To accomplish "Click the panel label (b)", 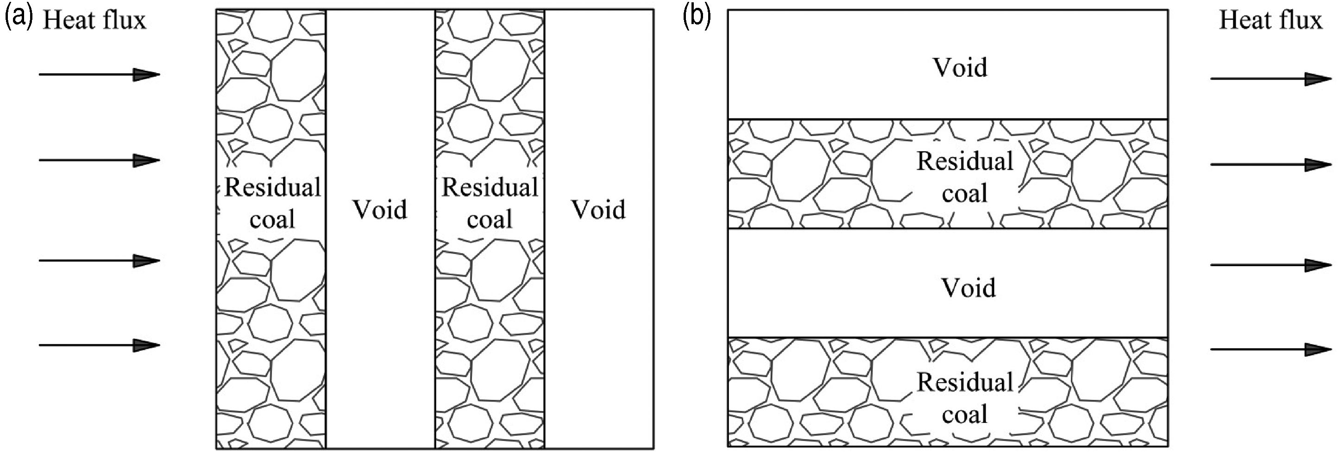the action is point(697,18).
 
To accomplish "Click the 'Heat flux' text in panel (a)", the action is point(94,20).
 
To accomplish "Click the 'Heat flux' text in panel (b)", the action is point(1270,20).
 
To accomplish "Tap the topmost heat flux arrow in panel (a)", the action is point(100,75).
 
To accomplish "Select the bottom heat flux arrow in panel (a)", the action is point(100,345).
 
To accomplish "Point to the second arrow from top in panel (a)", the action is point(100,161).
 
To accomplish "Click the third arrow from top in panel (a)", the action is point(100,260).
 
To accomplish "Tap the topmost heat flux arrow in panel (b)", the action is point(1271,79).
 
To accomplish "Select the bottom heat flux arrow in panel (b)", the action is point(1271,349).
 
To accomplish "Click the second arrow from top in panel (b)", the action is point(1271,165).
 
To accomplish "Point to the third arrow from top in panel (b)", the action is point(1271,265).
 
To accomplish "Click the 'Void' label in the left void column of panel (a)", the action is point(380,210).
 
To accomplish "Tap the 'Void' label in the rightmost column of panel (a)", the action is point(599,210).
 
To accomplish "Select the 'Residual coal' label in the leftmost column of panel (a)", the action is point(273,203).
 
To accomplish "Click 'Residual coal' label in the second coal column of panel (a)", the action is point(490,203).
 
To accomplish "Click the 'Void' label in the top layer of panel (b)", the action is point(961,68).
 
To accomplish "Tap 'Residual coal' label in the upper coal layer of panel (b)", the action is point(965,177).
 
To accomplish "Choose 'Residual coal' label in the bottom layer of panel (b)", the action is point(965,398).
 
